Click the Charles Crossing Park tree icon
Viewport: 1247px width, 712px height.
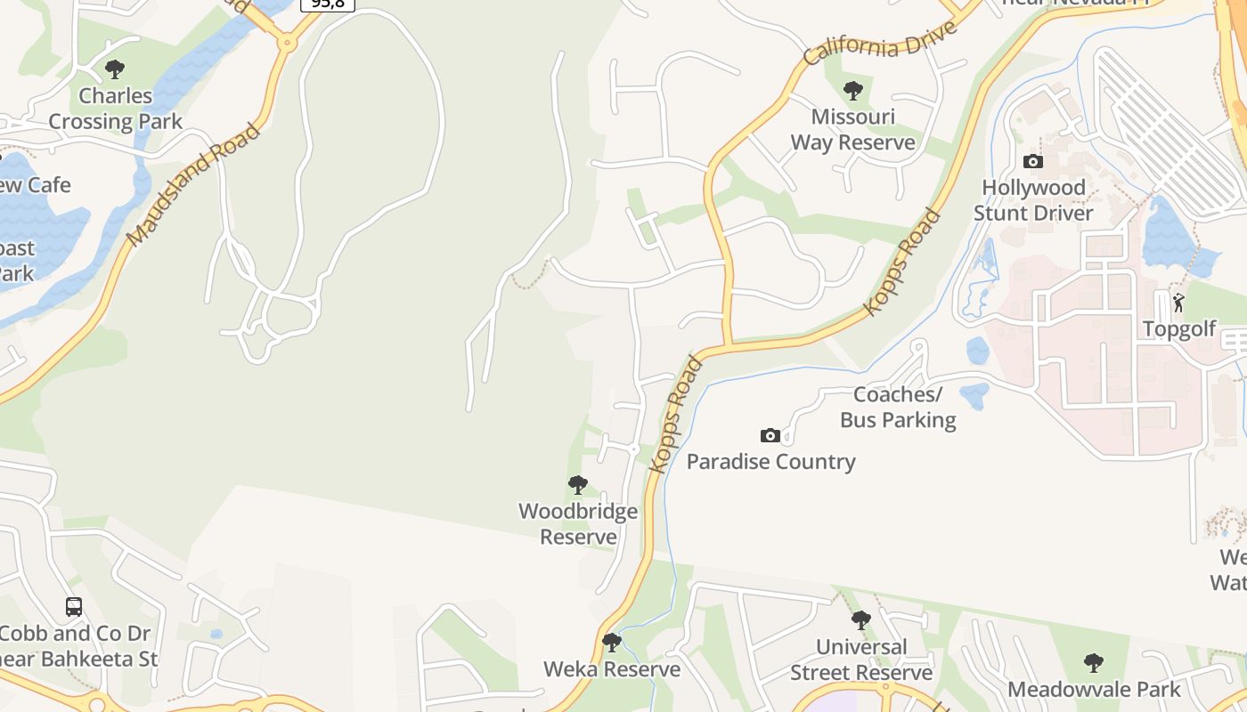115,69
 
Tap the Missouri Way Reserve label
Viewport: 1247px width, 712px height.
852,130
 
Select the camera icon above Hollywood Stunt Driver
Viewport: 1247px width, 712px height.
1033,161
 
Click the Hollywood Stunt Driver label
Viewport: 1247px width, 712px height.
1033,200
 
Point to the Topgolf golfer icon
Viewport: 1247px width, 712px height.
1178,303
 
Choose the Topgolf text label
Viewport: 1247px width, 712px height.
1179,329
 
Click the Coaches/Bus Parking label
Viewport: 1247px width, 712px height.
898,407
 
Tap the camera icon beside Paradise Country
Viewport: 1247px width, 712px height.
770,435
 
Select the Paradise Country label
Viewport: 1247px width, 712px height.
770,462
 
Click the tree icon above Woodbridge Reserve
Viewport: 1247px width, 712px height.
578,485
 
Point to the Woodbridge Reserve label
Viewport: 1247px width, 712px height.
578,524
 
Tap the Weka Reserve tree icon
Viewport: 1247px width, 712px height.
611,642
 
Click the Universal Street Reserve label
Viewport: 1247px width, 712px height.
861,659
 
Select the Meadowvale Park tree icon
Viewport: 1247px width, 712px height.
1094,663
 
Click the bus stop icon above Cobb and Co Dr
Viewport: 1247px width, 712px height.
74,607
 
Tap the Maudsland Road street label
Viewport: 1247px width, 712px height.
193,185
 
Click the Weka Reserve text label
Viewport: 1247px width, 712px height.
612,669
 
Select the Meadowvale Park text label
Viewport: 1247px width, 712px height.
1094,690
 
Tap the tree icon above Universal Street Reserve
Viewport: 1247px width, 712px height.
860,620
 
